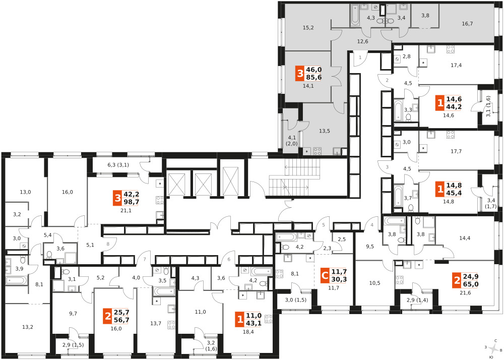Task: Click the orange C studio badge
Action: (x=325, y=276)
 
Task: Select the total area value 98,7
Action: (x=131, y=202)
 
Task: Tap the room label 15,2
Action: (x=308, y=28)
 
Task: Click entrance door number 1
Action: (x=360, y=57)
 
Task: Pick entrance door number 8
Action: (x=108, y=244)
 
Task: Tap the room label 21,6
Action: (x=465, y=292)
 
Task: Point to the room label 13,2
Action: (x=28, y=327)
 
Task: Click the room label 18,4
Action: (x=248, y=332)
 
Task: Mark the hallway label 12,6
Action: (x=362, y=41)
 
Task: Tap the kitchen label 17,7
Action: (x=456, y=151)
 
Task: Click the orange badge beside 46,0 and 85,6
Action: (x=300, y=74)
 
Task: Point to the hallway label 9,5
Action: (x=370, y=247)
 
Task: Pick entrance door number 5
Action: (x=324, y=225)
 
